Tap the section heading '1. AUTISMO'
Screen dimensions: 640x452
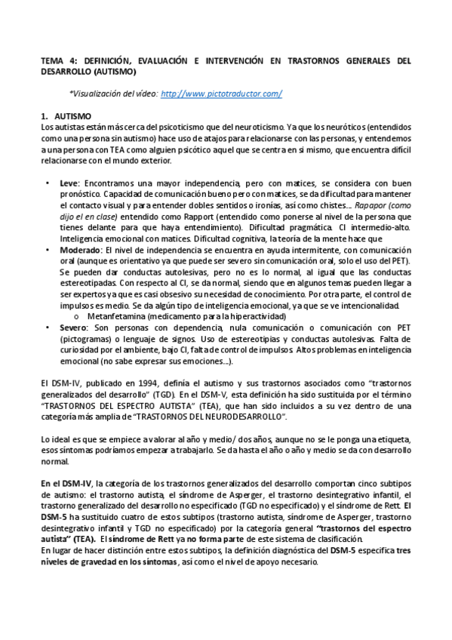pyautogui.click(x=66, y=116)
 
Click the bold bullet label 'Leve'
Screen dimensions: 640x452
pyautogui.click(x=69, y=183)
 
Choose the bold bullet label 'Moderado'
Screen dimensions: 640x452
pyautogui.click(x=79, y=250)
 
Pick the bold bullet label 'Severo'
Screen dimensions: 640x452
pyautogui.click(x=73, y=328)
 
